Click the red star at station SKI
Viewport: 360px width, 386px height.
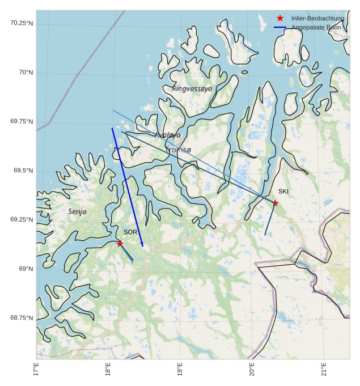tap(276, 203)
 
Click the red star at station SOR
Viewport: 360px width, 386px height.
tap(120, 243)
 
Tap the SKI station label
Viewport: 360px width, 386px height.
tap(283, 192)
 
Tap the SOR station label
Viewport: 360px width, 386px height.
tap(130, 232)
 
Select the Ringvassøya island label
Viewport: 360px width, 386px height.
tap(192, 89)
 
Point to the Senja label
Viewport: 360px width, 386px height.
tap(78, 211)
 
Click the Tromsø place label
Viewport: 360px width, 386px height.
tap(179, 150)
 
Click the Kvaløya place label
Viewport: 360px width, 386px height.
tap(168, 135)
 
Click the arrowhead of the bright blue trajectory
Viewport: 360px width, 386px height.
tap(142, 245)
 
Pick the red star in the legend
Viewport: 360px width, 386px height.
tap(280, 18)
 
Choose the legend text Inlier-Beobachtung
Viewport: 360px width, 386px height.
tap(317, 18)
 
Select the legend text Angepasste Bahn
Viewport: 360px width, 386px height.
tap(316, 27)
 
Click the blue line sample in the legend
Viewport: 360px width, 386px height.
tap(280, 27)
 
